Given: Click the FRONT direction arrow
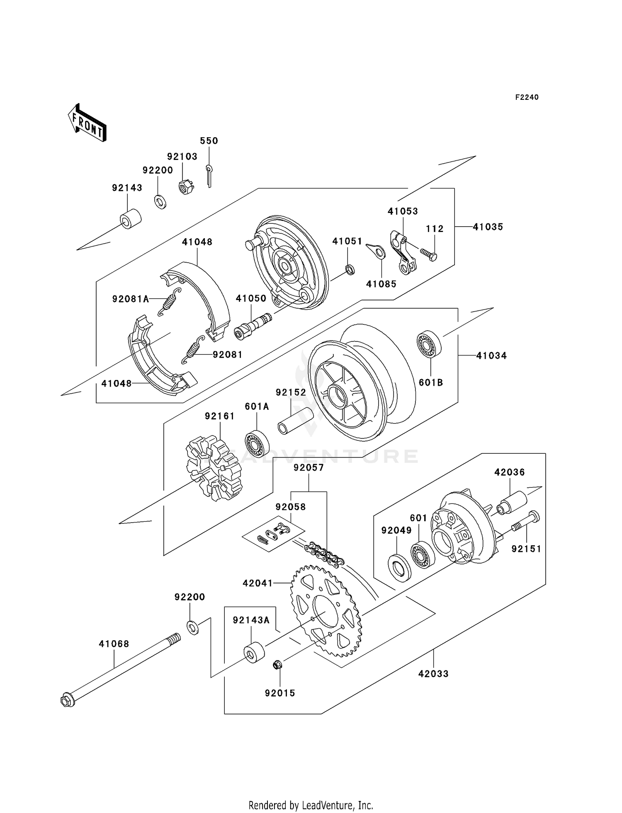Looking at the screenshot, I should (87, 123).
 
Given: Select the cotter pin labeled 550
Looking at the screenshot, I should (209, 175).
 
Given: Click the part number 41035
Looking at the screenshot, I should (488, 227).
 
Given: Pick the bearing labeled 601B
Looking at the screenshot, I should (429, 344).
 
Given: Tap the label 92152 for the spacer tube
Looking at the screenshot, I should (291, 392).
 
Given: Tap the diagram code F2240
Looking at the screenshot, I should (527, 97).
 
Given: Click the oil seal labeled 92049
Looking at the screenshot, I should (399, 566).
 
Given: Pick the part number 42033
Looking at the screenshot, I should (433, 674).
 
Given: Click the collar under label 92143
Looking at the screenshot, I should (130, 219).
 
